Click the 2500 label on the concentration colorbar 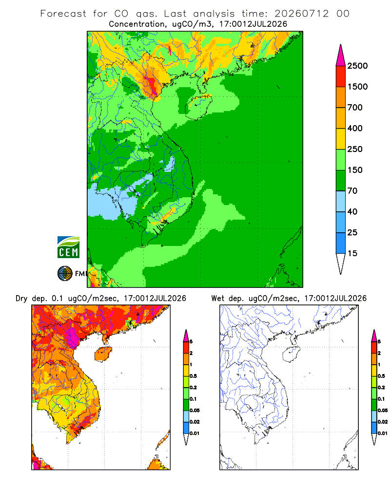pos(357,66)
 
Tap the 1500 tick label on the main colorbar pos(357,87)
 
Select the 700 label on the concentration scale pos(355,108)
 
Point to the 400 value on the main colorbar pos(355,128)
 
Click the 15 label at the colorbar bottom pos(352,253)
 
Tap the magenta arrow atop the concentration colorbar pos(341,56)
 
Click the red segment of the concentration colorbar pos(341,76)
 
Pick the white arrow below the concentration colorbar pos(341,263)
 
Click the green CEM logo pos(68,247)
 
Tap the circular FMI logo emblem pos(65,274)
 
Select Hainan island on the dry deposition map pos(103,354)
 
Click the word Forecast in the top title pos(63,14)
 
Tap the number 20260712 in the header pos(301,14)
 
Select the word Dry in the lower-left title pos(21,299)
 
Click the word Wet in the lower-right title pos(217,299)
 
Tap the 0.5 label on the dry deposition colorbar pos(193,376)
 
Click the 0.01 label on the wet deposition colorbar pos(383,433)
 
